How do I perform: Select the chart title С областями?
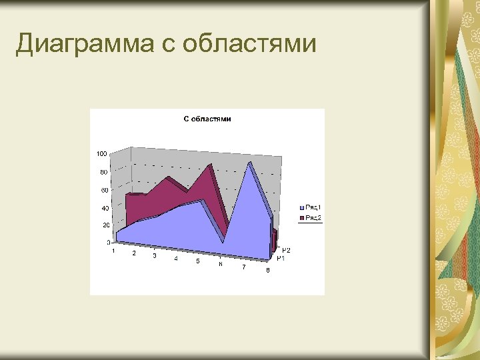pyautogui.click(x=207, y=119)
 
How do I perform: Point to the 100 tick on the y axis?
pyautogui.click(x=102, y=154)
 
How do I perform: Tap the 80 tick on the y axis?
pyautogui.click(x=103, y=173)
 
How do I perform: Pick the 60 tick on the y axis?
pyautogui.click(x=104, y=191)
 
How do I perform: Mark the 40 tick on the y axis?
pyautogui.click(x=105, y=209)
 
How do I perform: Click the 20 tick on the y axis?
pyautogui.click(x=105, y=226)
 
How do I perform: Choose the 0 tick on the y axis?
pyautogui.click(x=108, y=243)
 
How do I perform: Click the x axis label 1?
pyautogui.click(x=113, y=251)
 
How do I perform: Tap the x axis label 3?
pyautogui.click(x=155, y=256)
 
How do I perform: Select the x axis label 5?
pyautogui.click(x=197, y=261)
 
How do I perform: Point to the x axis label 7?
pyautogui.click(x=243, y=267)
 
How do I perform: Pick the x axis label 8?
pyautogui.click(x=267, y=270)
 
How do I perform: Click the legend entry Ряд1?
pyautogui.click(x=313, y=208)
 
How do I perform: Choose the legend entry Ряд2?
pyautogui.click(x=313, y=218)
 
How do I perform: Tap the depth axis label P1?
pyautogui.click(x=281, y=259)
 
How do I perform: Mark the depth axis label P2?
pyautogui.click(x=286, y=250)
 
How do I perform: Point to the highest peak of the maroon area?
pyautogui.click(x=211, y=165)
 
